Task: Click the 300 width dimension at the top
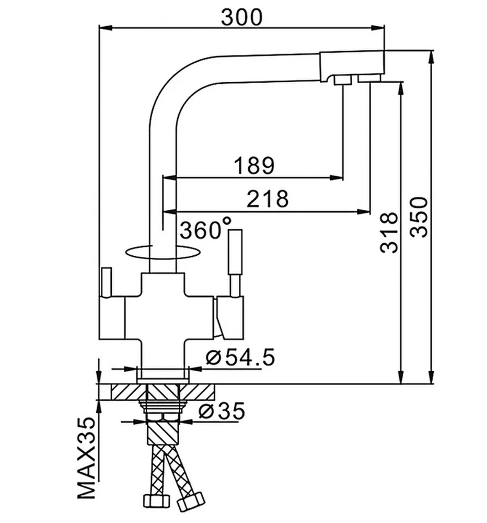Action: (241, 17)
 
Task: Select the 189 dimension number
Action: (254, 165)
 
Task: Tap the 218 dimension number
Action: (268, 199)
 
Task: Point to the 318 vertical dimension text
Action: (389, 233)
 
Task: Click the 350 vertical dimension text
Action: (419, 217)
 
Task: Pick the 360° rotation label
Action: (205, 229)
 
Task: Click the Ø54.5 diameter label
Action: (240, 357)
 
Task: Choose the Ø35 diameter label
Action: (222, 411)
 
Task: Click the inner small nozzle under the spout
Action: (343, 80)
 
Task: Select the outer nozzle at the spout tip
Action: (369, 78)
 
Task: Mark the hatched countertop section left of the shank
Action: (129, 392)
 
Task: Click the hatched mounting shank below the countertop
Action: (163, 433)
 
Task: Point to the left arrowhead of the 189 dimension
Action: (170, 178)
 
